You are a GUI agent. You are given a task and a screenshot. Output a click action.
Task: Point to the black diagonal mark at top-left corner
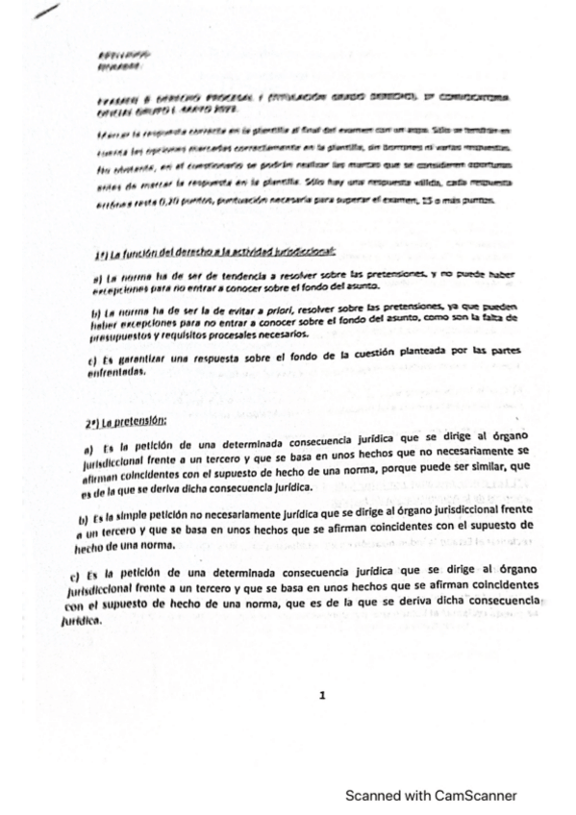click(45, 12)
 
